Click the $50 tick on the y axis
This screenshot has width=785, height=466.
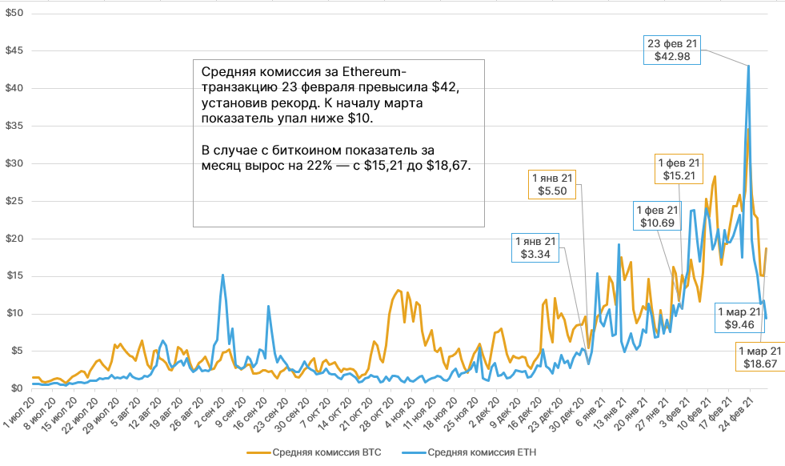tap(14, 14)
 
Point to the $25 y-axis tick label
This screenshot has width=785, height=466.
tap(14, 201)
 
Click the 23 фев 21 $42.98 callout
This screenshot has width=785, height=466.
tap(674, 50)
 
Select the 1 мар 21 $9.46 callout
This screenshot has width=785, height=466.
tap(739, 318)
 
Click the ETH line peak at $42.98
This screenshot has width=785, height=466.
tap(748, 66)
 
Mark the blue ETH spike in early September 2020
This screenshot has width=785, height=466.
tap(222, 275)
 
